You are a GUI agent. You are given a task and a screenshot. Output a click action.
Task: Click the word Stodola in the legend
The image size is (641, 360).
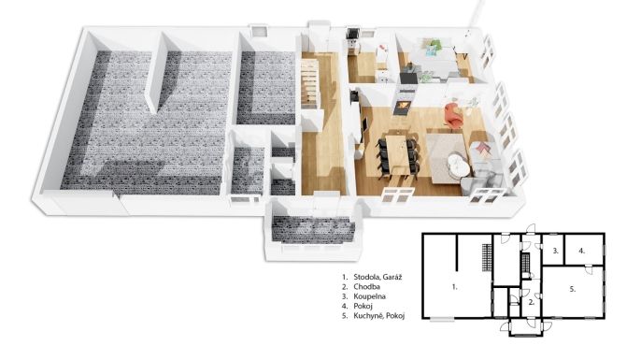click(367, 277)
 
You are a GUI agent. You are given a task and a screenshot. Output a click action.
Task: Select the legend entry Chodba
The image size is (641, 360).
click(366, 287)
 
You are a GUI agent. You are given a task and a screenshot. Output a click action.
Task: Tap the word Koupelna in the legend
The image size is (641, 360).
click(370, 296)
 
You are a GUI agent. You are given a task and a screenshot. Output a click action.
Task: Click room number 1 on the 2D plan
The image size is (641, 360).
click(454, 287)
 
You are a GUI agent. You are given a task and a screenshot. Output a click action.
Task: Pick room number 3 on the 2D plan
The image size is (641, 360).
click(556, 251)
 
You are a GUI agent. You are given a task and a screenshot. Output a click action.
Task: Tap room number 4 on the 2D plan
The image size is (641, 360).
click(582, 251)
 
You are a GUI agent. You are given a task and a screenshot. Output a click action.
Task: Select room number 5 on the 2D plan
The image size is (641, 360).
click(573, 289)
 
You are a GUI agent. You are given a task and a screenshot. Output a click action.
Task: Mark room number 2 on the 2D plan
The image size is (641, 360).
click(531, 303)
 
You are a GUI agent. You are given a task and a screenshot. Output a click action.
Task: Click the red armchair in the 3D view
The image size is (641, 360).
click(453, 116)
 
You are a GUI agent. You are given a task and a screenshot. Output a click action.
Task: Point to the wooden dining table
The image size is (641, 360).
click(397, 155)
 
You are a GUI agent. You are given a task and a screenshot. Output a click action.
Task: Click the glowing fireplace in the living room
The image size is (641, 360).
click(402, 106)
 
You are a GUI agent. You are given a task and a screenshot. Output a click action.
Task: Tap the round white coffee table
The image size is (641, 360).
click(456, 164)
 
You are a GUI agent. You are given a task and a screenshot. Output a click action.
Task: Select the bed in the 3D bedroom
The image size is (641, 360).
click(434, 62)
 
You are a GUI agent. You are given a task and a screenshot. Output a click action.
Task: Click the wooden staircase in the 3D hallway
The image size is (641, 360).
click(309, 83)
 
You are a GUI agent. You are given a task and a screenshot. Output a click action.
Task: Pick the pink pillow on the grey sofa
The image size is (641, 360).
click(484, 148)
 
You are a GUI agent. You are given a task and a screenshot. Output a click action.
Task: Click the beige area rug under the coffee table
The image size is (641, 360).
click(449, 156)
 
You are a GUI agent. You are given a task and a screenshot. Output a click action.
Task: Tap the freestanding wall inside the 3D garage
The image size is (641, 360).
click(158, 73)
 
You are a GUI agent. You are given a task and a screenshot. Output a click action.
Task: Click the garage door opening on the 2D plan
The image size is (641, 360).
click(442, 319)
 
